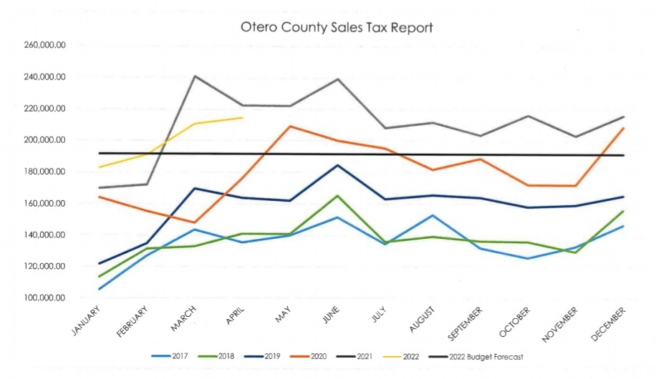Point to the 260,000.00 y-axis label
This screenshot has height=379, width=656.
coord(44,45)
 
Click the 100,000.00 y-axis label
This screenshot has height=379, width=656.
coord(44,297)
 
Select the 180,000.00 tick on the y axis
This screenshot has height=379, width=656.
coord(44,172)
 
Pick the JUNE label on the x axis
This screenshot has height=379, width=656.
coord(330,315)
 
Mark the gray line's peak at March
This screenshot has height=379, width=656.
coord(195,76)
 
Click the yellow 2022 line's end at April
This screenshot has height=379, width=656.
coord(243,117)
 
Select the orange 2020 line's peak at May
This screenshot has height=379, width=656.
coord(290,127)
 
